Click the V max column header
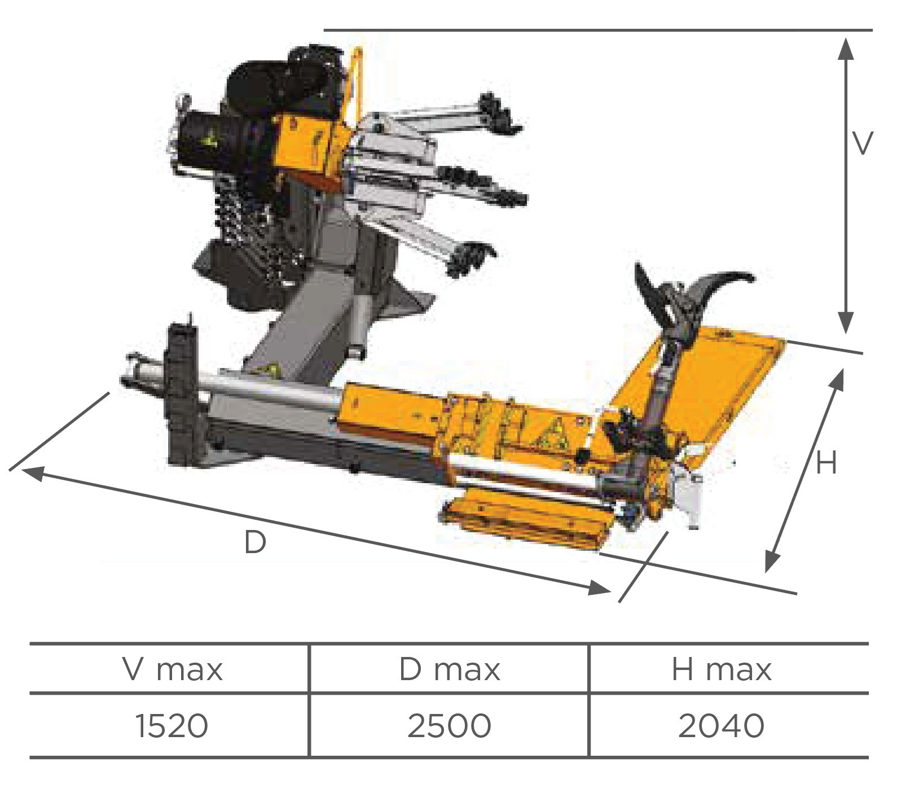point(173,669)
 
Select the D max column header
point(450,669)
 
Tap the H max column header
point(722,669)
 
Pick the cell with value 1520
point(172,726)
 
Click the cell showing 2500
point(449,726)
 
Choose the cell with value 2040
point(722,726)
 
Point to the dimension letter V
point(863,143)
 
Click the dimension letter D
point(255,543)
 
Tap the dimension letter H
point(826,463)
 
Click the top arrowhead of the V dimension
point(845,49)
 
